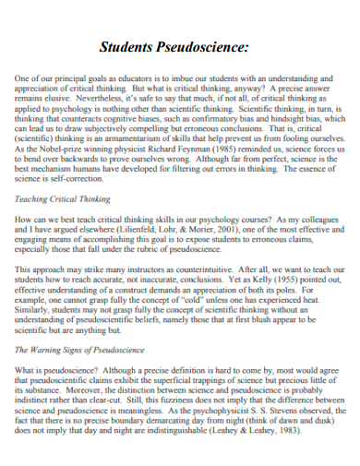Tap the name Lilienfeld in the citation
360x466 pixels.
coord(154,230)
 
